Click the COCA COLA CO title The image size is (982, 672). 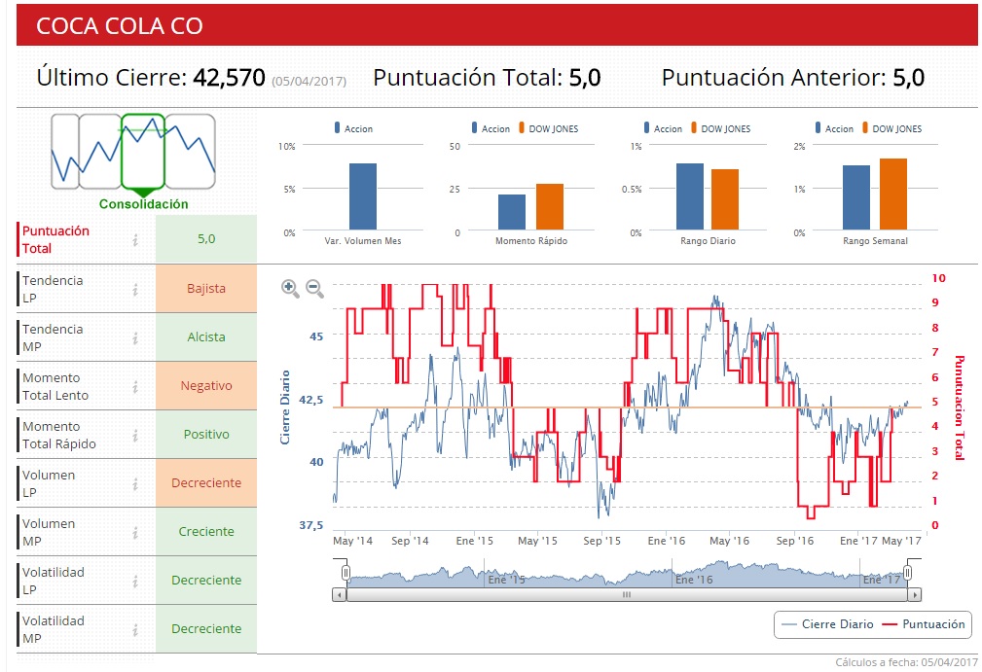[119, 26]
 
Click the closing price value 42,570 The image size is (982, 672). [229, 78]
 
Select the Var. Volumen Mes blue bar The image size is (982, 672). [363, 197]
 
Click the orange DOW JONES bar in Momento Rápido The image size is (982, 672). [550, 207]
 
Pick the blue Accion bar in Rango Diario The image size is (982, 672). [689, 197]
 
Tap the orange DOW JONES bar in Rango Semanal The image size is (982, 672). [892, 195]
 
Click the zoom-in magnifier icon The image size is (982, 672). [290, 287]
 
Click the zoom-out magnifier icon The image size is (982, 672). [314, 287]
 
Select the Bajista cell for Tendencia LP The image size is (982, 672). [206, 289]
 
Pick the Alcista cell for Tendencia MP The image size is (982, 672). [206, 337]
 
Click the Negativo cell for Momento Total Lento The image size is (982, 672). [206, 386]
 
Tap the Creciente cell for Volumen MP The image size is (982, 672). [206, 532]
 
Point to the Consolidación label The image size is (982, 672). [144, 204]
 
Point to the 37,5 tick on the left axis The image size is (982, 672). [309, 525]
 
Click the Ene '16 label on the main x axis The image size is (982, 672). [666, 541]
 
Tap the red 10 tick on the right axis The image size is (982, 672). [938, 277]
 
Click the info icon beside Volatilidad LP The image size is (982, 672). [136, 581]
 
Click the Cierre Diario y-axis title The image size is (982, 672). [285, 407]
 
